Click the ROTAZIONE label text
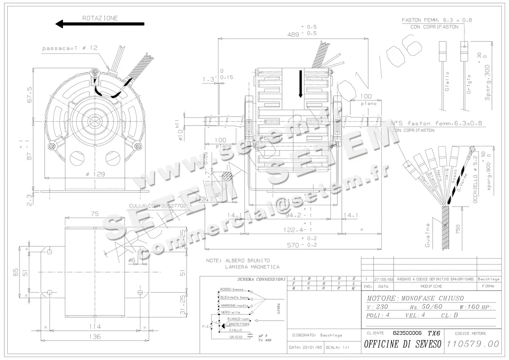point(100,18)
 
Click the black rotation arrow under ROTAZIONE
point(100,24)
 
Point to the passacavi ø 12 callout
point(70,48)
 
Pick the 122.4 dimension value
point(293,229)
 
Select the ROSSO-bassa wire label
point(231,289)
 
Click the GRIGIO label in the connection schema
point(236,337)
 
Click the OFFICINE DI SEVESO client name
point(402,344)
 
